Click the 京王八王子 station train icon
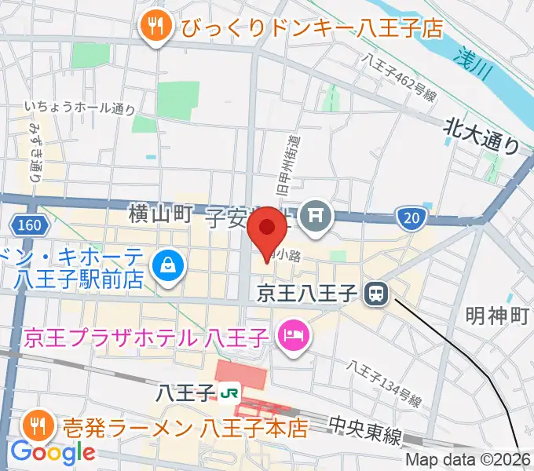[x=376, y=294]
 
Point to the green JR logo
[x=231, y=391]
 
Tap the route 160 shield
[x=29, y=225]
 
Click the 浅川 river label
[x=474, y=65]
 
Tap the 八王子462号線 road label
[x=400, y=77]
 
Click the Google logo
[x=53, y=452]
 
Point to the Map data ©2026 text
[x=469, y=461]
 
